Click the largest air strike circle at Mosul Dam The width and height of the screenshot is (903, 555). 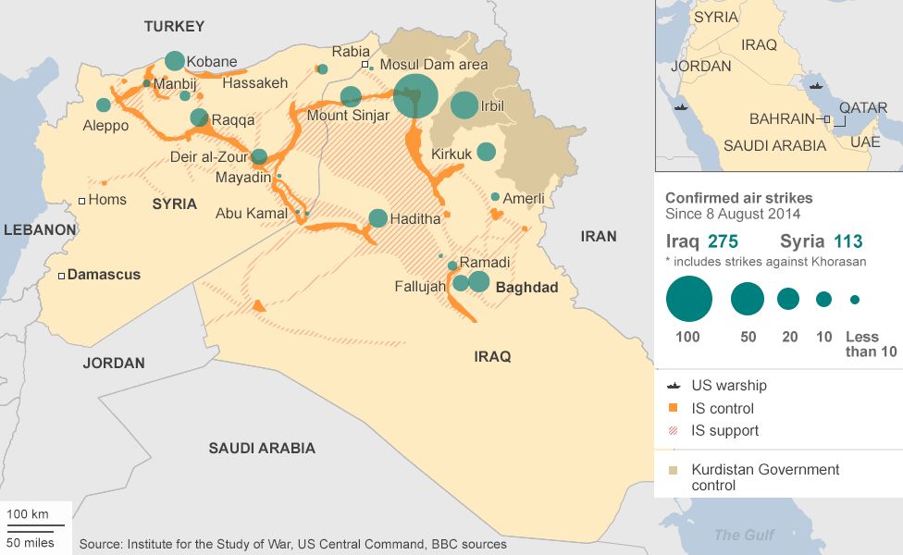pos(415,96)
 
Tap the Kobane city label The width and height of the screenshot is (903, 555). pos(212,62)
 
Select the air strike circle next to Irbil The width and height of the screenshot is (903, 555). pos(464,105)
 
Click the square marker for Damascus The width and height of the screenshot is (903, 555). pos(62,275)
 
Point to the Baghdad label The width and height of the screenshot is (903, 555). pos(527,288)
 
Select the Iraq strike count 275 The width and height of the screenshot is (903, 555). pos(724,242)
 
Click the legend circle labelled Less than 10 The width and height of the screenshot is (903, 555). pos(854,300)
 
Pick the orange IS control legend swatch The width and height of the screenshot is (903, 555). pos(673,408)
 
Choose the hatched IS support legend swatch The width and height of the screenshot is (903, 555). pos(673,430)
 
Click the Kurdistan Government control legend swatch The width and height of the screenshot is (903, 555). pos(673,470)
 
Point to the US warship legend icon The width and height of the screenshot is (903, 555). pos(673,386)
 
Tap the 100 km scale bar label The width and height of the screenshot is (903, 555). pos(28,513)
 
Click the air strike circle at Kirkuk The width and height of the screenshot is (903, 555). pos(486,152)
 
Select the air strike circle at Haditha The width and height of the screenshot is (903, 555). pos(377,218)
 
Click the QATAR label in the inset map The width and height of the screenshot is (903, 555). pos(861,107)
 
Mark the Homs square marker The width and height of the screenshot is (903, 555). pos(81,200)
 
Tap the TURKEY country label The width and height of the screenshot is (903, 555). pos(173,27)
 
